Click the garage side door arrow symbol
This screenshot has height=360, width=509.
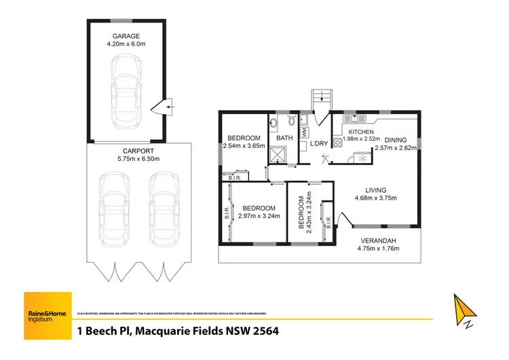165,107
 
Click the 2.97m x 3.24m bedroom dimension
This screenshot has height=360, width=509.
259,217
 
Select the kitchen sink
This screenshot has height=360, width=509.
354,116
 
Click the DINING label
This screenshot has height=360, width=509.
396,140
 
